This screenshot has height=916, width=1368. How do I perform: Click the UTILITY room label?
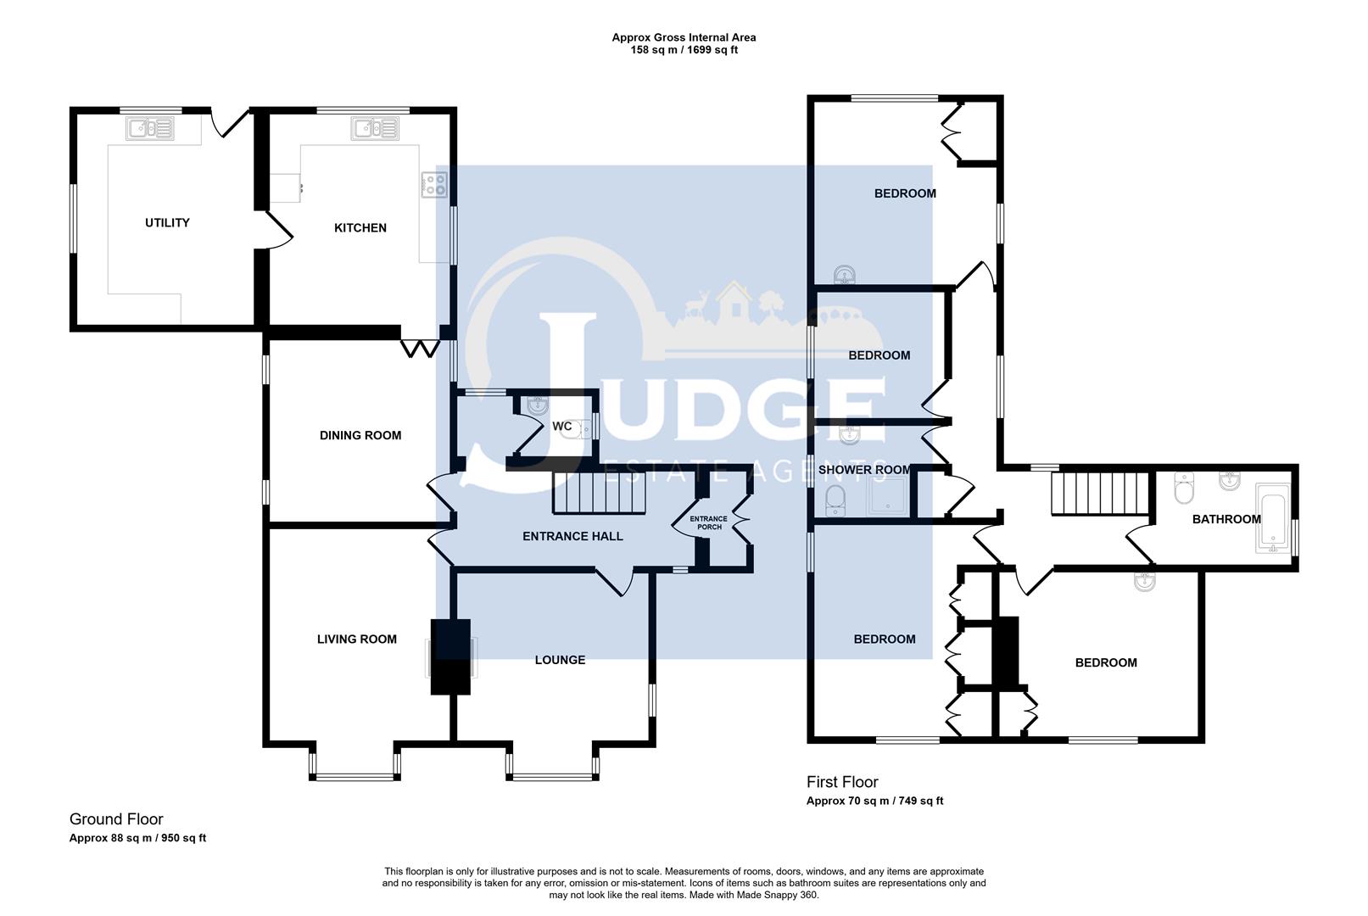click(167, 223)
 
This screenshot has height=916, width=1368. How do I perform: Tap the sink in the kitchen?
click(376, 129)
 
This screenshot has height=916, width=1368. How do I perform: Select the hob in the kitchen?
click(434, 184)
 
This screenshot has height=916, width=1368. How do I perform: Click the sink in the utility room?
click(150, 129)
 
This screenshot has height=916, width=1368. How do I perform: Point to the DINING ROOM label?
click(360, 436)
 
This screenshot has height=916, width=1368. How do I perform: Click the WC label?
click(561, 427)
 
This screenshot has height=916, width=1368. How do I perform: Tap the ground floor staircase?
click(599, 494)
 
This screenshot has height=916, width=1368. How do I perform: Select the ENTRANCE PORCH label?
click(708, 522)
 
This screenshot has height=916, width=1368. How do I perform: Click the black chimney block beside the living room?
click(450, 656)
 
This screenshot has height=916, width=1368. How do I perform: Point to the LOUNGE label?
click(560, 660)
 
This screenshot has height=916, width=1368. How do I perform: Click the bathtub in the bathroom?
click(1271, 518)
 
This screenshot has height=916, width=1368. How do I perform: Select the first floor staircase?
click(1099, 494)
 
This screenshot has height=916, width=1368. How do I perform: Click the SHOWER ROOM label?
click(864, 470)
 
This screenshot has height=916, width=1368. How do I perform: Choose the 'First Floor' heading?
click(841, 782)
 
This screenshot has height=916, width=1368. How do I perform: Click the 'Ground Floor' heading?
click(116, 819)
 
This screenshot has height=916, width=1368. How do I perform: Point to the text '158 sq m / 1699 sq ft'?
click(684, 50)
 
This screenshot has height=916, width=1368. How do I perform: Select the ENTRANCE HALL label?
click(572, 537)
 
